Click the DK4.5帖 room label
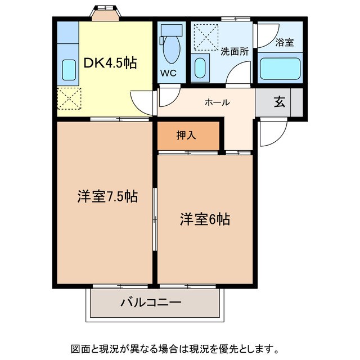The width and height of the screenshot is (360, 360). click(x=111, y=63)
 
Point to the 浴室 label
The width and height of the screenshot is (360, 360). click(x=285, y=42)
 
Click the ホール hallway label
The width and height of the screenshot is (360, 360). click(x=217, y=102)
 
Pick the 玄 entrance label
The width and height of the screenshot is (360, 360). click(x=279, y=102)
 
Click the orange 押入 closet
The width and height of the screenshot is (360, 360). click(x=188, y=135)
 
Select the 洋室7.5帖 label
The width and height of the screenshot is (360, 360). click(x=107, y=196)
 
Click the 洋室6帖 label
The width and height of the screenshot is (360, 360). click(x=205, y=219)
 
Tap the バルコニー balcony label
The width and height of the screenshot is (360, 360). click(x=151, y=303)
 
